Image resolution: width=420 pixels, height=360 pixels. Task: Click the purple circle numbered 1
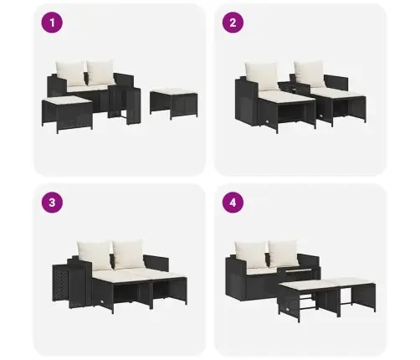[52, 23]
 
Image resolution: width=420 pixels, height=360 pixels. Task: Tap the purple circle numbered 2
[233, 23]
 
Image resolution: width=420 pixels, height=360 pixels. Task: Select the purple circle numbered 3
[52, 203]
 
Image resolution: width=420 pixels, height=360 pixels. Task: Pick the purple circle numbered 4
[233, 203]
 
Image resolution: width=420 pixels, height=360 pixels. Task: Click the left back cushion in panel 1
[70, 73]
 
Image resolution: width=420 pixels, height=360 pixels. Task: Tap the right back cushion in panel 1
[100, 73]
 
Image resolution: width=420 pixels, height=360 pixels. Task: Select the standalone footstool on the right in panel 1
[174, 103]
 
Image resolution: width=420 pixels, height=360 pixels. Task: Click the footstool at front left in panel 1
[67, 114]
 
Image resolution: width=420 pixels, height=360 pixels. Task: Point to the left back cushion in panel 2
[261, 76]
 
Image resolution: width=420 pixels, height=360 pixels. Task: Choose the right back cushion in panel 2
[310, 74]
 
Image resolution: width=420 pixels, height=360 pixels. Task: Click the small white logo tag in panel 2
[268, 122]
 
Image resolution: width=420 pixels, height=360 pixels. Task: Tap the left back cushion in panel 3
[95, 255]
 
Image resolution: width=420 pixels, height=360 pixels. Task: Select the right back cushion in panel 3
[128, 254]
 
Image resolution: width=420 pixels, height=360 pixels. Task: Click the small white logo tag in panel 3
[103, 301]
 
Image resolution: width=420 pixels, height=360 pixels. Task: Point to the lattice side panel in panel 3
[60, 283]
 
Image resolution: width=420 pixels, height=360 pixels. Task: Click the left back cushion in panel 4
[251, 255]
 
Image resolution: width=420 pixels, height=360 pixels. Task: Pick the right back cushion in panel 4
[284, 253]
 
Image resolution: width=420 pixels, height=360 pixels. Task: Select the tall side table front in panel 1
[134, 106]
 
